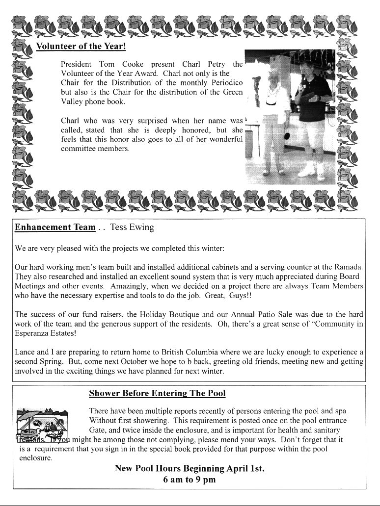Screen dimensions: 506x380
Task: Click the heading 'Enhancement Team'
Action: (55, 228)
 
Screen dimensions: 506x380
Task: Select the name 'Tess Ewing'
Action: (132, 228)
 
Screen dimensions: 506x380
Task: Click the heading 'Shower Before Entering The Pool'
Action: (157, 394)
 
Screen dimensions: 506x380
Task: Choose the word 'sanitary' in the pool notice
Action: (323, 430)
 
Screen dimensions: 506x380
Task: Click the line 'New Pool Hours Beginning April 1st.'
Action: (190, 469)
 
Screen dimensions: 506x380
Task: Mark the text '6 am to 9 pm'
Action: (190, 480)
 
